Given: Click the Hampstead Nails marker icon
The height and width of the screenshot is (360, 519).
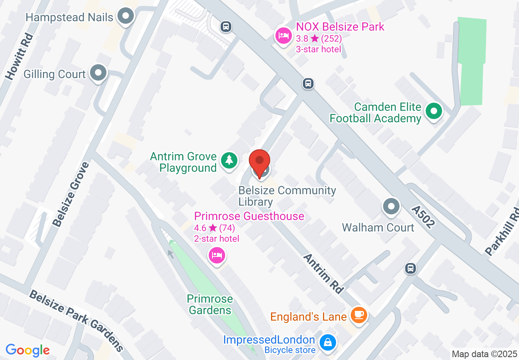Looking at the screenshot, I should (126, 17).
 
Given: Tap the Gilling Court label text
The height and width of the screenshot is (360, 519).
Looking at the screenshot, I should (54, 74).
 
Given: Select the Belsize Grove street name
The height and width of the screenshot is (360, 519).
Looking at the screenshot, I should (71, 194).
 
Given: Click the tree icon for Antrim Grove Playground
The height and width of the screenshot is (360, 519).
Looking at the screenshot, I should (229, 160).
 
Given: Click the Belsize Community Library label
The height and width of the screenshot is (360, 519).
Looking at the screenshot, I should (287, 196).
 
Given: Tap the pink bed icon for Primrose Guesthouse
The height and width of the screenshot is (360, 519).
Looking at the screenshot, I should (217, 255).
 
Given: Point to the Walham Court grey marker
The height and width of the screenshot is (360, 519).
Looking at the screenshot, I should (391, 207).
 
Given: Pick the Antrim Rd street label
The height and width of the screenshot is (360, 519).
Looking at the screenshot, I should (323, 273).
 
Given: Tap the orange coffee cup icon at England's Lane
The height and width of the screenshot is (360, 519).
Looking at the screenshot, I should (359, 315).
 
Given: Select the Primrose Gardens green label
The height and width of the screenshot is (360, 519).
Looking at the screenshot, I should (210, 305).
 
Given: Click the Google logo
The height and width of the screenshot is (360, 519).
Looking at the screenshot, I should (27, 351).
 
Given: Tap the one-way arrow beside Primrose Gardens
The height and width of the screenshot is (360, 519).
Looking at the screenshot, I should (171, 254).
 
